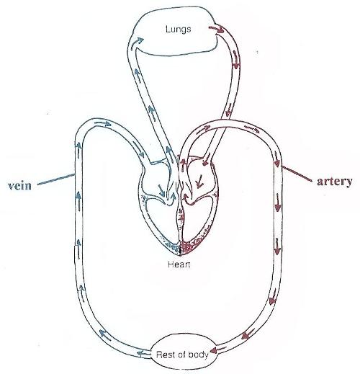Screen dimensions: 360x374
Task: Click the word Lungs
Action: pyautogui.click(x=179, y=30)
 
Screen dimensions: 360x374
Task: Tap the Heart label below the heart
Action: pyautogui.click(x=179, y=264)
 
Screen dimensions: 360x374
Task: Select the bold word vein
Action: pyautogui.click(x=19, y=186)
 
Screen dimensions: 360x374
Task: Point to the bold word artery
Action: pyautogui.click(x=335, y=182)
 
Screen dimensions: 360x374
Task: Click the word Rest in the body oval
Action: pyautogui.click(x=163, y=355)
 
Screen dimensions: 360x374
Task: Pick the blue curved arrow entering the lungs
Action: pyautogui.click(x=137, y=43)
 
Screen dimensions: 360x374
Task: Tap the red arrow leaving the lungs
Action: pyautogui.click(x=217, y=30)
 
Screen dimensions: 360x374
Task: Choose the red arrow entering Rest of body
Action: pyautogui.click(x=218, y=350)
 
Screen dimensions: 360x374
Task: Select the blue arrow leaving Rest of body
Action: pyautogui.click(x=143, y=353)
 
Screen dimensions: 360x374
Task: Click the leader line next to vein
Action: pyautogui.click(x=56, y=179)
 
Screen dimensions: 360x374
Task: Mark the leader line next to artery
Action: pyautogui.click(x=297, y=173)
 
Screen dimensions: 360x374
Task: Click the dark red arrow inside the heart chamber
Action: pyautogui.click(x=199, y=181)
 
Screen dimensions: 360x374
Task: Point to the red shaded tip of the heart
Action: pyautogui.click(x=189, y=247)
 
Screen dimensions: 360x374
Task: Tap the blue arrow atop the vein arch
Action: pyautogui.click(x=103, y=124)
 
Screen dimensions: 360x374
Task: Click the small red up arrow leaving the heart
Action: pyautogui.click(x=184, y=165)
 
